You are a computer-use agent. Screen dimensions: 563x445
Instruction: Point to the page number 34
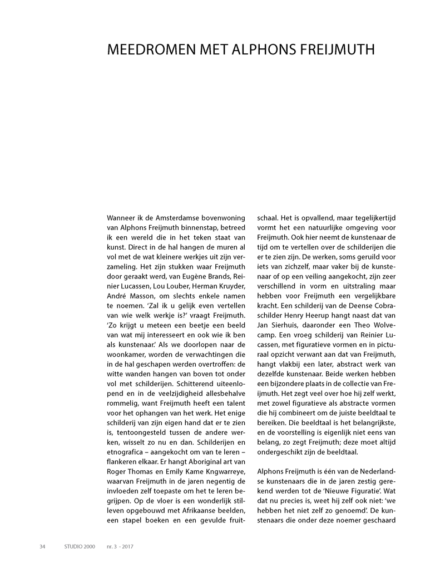(x=42, y=546)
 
